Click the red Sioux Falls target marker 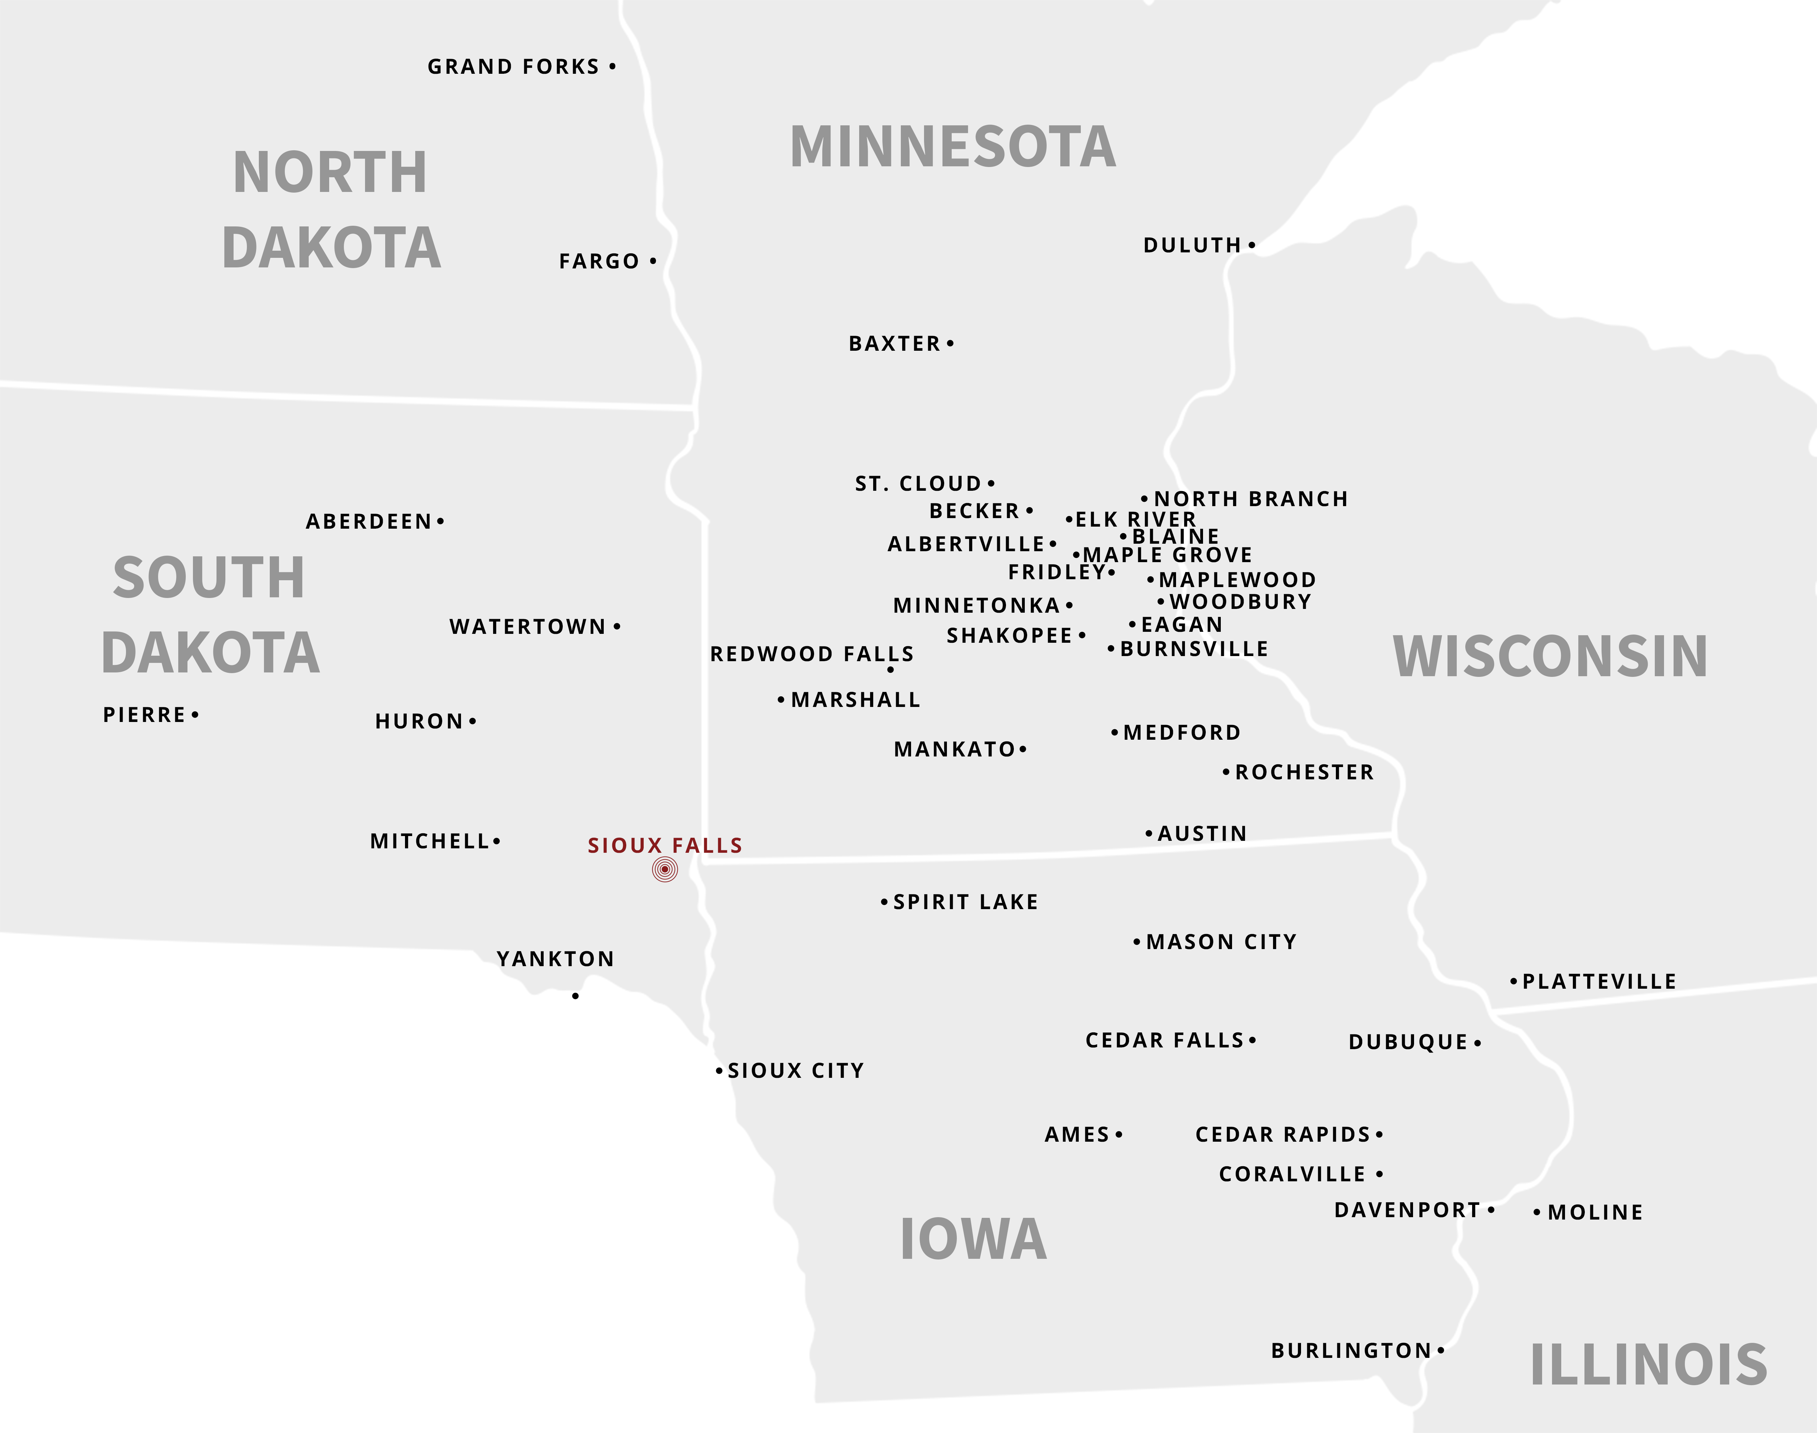click(x=665, y=869)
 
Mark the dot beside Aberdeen click(x=441, y=521)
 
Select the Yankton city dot click(x=575, y=996)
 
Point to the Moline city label click(x=1595, y=1212)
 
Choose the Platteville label click(x=1599, y=982)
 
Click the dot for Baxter click(x=950, y=343)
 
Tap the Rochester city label click(x=1304, y=773)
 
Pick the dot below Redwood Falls click(x=890, y=669)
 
